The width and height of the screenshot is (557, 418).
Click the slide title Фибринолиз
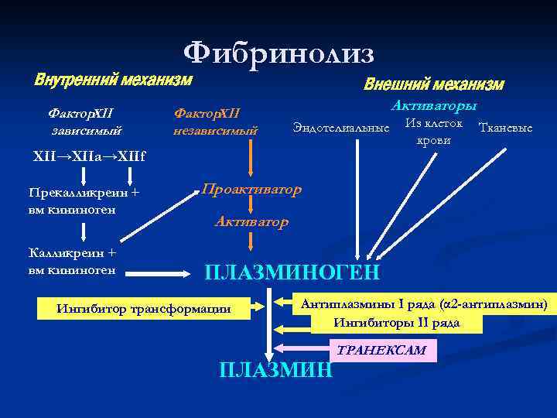pos(278,53)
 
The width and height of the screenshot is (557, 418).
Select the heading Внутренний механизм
pos(113,81)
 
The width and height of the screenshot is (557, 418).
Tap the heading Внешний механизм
pos(433,84)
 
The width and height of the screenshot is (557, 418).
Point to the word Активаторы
pos(434,105)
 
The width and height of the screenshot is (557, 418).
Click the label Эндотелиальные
pos(340,127)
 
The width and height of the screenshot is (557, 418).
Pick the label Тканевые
pos(505,127)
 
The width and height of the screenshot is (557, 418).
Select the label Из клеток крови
pos(433,132)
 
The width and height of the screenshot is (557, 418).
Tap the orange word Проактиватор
pos(251,190)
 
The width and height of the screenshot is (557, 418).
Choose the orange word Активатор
pos(251,221)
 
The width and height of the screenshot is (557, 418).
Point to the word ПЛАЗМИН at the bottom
pos(276,370)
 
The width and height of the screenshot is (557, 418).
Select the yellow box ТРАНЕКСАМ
pos(382,351)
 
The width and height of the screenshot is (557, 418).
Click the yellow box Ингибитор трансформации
pos(144,309)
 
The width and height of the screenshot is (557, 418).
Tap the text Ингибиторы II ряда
pos(397,323)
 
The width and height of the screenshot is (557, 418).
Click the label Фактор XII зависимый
pos(86,122)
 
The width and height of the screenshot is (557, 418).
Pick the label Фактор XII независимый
pos(215,122)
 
